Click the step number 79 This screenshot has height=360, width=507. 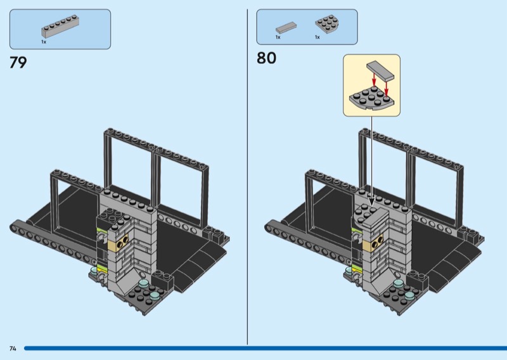[18, 62]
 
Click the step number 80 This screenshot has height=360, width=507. [266, 58]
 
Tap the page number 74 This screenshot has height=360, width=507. [13, 349]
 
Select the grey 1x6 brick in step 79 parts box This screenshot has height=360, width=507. [60, 27]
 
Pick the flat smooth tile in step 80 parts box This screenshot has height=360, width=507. [286, 27]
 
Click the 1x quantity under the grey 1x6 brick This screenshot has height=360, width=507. [44, 42]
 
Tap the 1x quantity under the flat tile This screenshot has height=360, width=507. [278, 37]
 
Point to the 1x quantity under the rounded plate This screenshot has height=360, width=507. [318, 37]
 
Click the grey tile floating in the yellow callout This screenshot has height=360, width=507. [381, 70]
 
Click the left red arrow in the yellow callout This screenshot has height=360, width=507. [374, 80]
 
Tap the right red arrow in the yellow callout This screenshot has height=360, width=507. [386, 88]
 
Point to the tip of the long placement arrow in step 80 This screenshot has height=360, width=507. [371, 206]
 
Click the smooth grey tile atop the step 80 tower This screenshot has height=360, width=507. [375, 216]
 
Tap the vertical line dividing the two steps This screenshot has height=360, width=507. [247, 177]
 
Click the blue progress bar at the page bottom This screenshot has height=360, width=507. [266, 349]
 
